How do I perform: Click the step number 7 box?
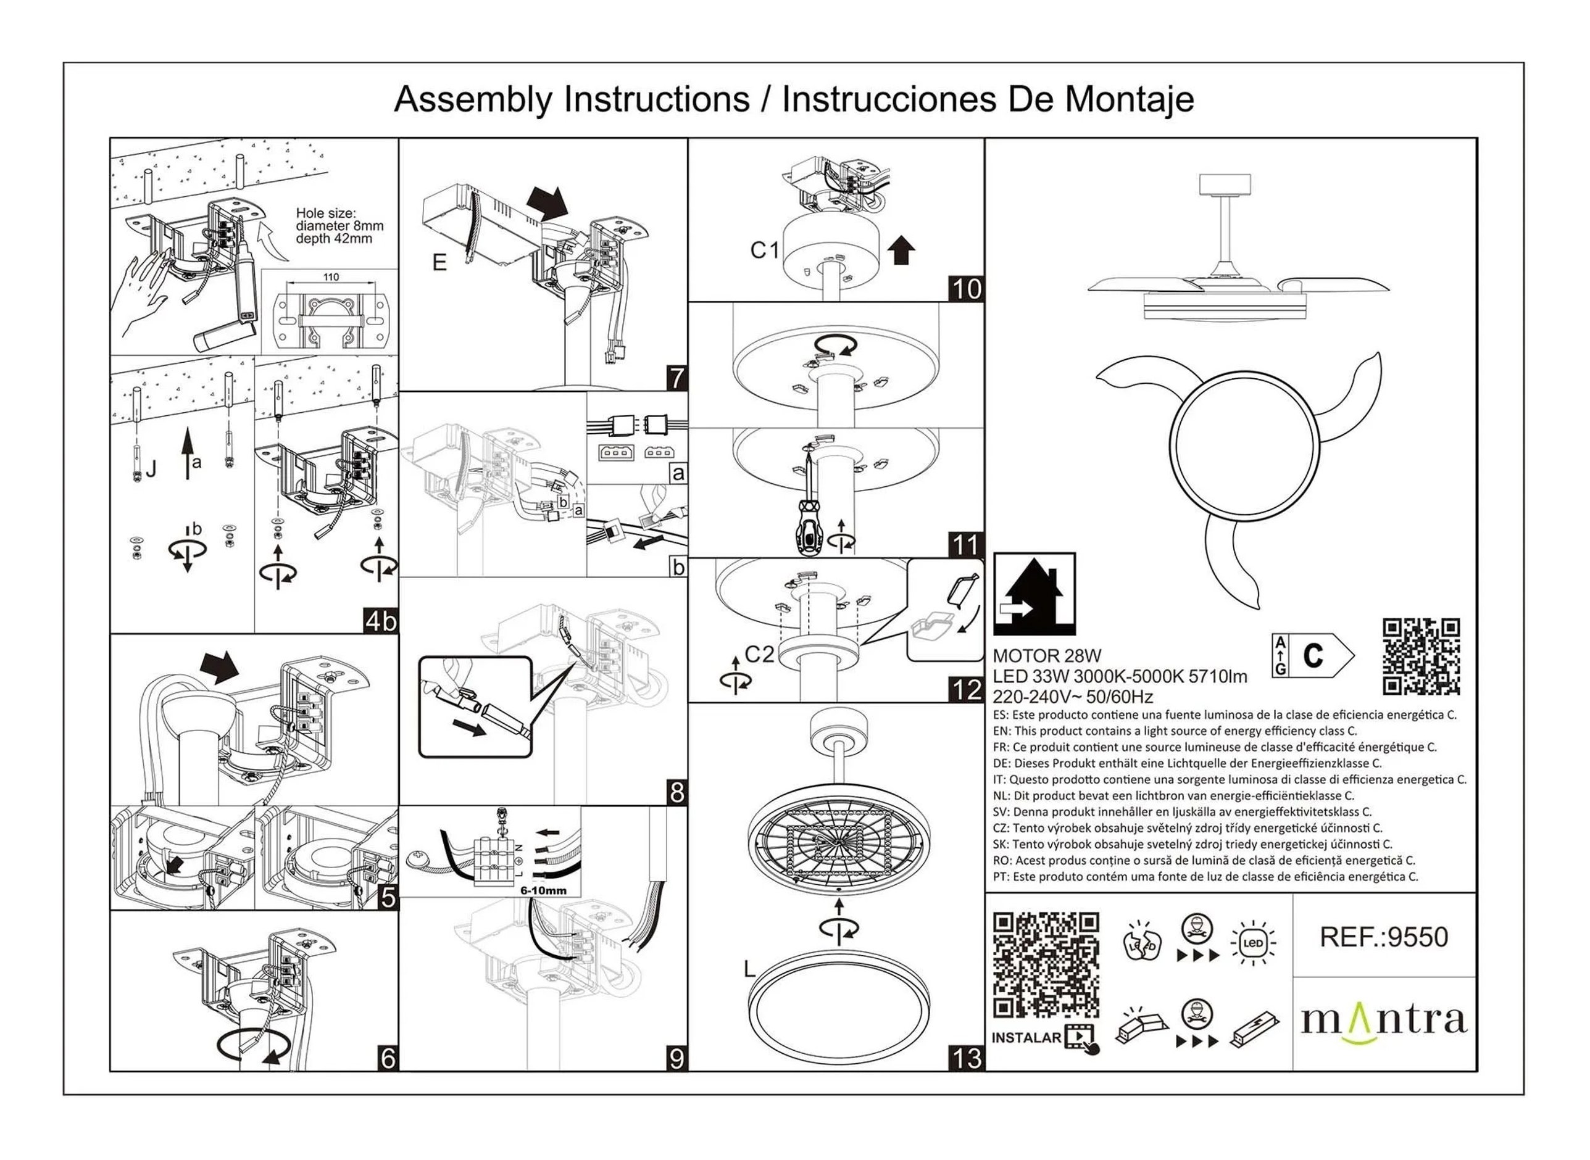click(676, 378)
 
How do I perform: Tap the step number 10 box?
click(965, 289)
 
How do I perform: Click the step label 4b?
click(380, 621)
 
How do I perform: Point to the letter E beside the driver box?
click(439, 263)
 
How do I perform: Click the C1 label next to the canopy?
click(765, 250)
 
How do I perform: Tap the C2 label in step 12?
click(759, 655)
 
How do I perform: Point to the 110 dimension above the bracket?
click(331, 278)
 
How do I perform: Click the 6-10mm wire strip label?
click(543, 890)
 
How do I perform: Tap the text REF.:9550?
click(1383, 937)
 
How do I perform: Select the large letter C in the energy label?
click(1313, 656)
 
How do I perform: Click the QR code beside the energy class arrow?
click(1421, 657)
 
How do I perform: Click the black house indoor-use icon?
click(1034, 594)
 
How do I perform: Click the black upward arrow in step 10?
click(902, 250)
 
